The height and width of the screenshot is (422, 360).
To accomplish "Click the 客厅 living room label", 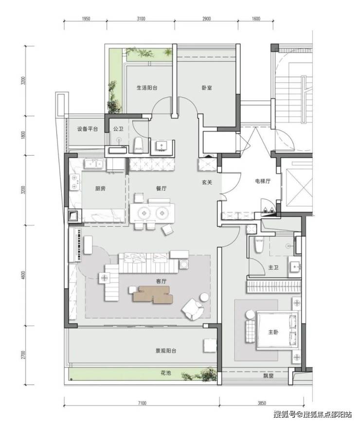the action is [162, 281].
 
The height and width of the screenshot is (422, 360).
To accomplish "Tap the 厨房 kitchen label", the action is [100, 189].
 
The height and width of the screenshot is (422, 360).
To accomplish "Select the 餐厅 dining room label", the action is [162, 189].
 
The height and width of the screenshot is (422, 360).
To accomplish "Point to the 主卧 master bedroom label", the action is [273, 332].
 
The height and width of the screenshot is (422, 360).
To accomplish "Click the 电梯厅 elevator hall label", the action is [263, 181].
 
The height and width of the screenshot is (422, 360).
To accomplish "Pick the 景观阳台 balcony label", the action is [166, 351].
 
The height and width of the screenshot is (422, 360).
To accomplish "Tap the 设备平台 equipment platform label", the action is [88, 129].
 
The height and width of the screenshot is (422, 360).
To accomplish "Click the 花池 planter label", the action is [165, 373].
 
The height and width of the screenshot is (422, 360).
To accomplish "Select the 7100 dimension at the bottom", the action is [142, 403].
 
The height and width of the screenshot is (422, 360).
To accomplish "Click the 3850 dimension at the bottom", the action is [262, 403].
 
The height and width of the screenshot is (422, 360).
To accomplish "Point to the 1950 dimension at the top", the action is [86, 19].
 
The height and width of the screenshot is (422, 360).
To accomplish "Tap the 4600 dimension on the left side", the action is [23, 275].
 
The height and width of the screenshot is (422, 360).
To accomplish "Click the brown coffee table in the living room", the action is [153, 295].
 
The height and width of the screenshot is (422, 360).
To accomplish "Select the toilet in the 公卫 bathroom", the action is [138, 145].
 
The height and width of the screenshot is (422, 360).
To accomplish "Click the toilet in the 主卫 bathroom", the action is [259, 245].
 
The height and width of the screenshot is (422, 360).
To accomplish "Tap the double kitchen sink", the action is [93, 164].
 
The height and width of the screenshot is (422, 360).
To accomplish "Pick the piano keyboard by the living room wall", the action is [79, 245].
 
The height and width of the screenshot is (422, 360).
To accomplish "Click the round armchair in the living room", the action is [192, 310].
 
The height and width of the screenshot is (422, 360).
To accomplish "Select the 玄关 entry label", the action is [207, 182].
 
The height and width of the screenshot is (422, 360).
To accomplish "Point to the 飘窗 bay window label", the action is [269, 376].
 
